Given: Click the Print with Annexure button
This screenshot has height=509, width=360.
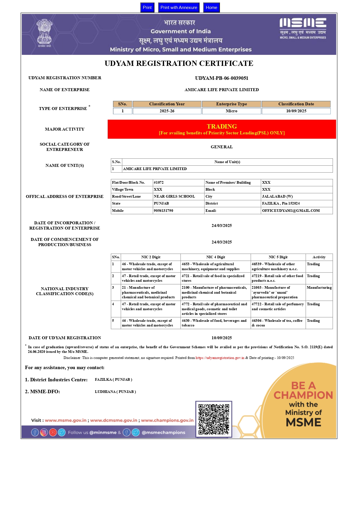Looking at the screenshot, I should pos(179,8).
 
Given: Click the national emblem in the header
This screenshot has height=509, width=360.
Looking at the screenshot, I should pos(44,33).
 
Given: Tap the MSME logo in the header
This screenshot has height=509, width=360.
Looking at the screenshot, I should pos(303,28).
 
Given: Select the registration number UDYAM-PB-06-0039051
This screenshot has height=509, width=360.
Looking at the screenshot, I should pos(222,78).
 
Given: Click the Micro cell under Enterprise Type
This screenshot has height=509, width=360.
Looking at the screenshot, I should pos(231,111).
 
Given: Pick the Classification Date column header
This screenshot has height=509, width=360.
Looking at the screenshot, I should pos(296,104).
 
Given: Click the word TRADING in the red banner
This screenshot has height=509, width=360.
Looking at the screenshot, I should pos(222,126).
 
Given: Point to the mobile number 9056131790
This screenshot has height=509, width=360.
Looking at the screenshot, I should pos(163,211).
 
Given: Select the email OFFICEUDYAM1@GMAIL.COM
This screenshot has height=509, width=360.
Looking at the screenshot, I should pos(291,211).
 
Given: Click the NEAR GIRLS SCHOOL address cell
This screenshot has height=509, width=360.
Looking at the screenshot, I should pos(174,196).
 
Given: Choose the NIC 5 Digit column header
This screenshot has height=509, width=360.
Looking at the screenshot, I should pos(278,257).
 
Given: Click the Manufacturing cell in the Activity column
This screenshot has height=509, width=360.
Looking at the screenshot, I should pos(319,288).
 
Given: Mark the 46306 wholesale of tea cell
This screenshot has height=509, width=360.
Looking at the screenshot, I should pos(277,323).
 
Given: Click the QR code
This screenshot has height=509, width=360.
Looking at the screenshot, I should pos(214,419).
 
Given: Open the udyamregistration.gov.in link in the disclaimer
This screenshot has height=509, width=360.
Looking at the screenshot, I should pos(220,358).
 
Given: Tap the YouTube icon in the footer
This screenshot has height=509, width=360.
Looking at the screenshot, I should pos(53,432).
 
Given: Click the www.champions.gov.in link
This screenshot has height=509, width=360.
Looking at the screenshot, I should pos(167,420).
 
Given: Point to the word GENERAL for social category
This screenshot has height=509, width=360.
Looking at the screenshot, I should pos(222,147).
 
